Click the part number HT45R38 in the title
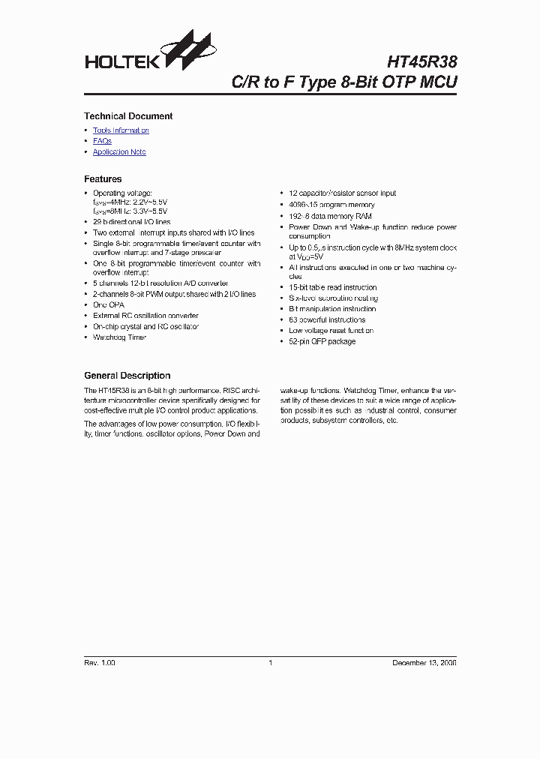pyautogui.click(x=421, y=61)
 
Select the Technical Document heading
pyautogui.click(x=128, y=116)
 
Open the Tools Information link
pyautogui.click(x=121, y=130)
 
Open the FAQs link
pyautogui.click(x=102, y=141)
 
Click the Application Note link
pyautogui.click(x=119, y=152)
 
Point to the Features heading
pyautogui.click(x=103, y=179)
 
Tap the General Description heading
pyautogui.click(x=127, y=376)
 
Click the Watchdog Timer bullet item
pyautogui.click(x=119, y=337)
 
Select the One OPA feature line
pyautogui.click(x=109, y=305)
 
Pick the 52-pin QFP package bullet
pyautogui.click(x=322, y=341)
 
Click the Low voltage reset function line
pyautogui.click(x=331, y=331)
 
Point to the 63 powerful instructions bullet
pyautogui.click(x=327, y=319)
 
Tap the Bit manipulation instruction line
pyautogui.click(x=332, y=309)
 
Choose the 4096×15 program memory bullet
pyautogui.click(x=331, y=205)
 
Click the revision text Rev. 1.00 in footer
pyautogui.click(x=100, y=663)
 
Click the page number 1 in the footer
pyautogui.click(x=270, y=663)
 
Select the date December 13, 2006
pyautogui.click(x=424, y=663)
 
